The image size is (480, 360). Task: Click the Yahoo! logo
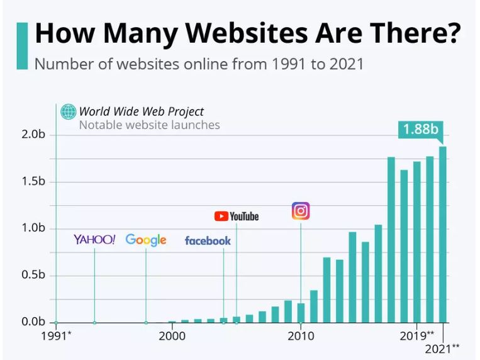94,239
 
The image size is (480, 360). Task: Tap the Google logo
146,240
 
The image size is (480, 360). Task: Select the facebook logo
208,240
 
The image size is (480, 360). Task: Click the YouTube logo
237,216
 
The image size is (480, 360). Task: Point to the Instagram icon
301,211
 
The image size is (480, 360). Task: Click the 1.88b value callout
420,130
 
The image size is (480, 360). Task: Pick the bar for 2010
301,312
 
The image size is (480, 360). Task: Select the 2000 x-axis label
172,335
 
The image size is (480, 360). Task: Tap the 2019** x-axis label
417,335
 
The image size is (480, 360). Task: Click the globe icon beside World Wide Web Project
68,112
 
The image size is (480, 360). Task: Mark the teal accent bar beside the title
22,45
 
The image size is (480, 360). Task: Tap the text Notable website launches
149,125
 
